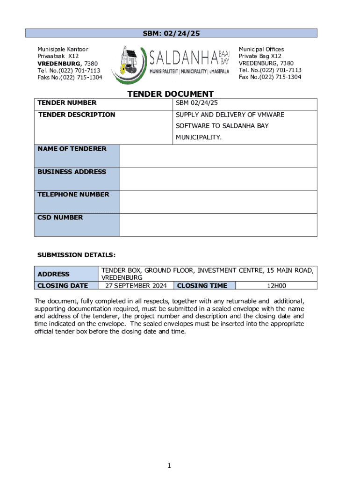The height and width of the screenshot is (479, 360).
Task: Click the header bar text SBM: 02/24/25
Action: (171, 33)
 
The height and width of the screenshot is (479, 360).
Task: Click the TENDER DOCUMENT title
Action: (171, 94)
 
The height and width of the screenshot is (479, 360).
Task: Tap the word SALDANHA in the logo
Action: (184, 58)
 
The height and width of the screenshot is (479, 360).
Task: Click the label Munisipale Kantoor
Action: (63, 49)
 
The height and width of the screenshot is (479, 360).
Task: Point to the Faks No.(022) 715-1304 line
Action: (70, 77)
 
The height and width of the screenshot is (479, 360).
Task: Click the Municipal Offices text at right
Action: (261, 49)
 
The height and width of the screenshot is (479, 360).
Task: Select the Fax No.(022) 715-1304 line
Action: (270, 77)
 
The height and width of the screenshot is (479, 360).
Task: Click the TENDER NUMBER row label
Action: (67, 103)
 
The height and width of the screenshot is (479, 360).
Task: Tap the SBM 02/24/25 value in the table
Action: (197, 103)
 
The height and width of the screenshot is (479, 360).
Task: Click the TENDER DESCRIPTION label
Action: (76, 115)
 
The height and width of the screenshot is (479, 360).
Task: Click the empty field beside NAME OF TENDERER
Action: (218, 156)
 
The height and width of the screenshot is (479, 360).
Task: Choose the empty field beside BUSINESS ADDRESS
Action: (218, 179)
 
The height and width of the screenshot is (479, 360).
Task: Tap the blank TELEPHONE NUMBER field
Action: (218, 202)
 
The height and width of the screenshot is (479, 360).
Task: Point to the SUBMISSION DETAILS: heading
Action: (76, 255)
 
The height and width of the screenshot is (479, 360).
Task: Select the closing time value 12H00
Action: (276, 286)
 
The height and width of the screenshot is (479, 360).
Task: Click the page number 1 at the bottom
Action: (171, 465)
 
